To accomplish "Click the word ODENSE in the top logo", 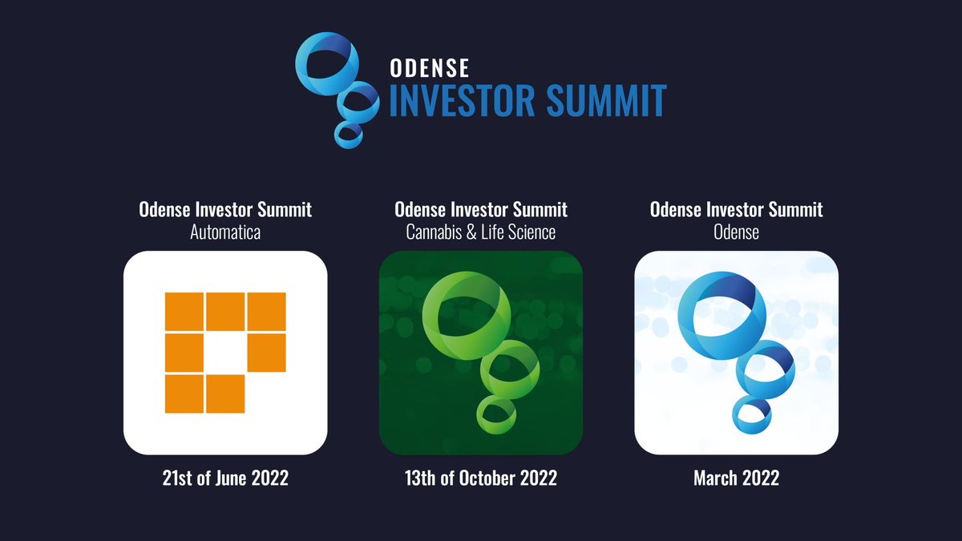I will click(x=429, y=67).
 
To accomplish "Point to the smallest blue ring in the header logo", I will click(x=348, y=134).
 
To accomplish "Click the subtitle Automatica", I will click(x=224, y=232).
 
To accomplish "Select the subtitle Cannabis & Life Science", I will click(x=481, y=232).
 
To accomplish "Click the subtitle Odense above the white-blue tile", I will click(x=736, y=232).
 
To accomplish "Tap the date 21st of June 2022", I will click(x=224, y=478).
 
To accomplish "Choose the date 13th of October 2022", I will click(x=481, y=478).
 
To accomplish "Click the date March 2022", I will click(x=736, y=478).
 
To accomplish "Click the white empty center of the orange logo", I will click(x=225, y=353).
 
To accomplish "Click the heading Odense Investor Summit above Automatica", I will click(x=224, y=210).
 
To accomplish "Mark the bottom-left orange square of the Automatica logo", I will click(x=184, y=394).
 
